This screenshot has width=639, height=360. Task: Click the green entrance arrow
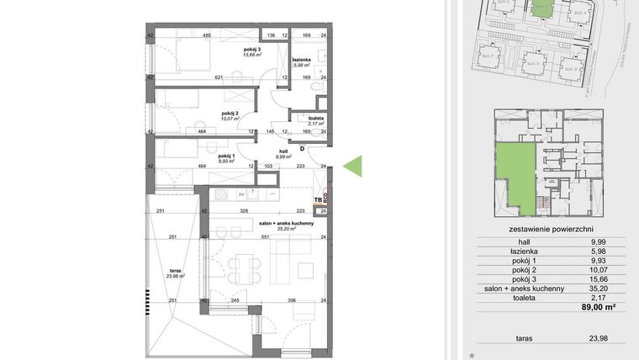[x=354, y=167]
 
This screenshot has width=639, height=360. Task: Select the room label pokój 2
[x=231, y=114]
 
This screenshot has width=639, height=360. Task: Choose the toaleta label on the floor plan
[x=316, y=119]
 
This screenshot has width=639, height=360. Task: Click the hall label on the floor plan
[x=283, y=151]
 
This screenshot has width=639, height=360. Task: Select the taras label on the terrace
[x=176, y=271]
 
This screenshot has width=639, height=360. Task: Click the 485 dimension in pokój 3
[x=206, y=35]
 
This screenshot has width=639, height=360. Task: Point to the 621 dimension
[x=219, y=77]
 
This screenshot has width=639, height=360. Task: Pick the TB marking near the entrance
[x=317, y=200]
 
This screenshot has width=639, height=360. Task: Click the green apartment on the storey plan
[x=515, y=172]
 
